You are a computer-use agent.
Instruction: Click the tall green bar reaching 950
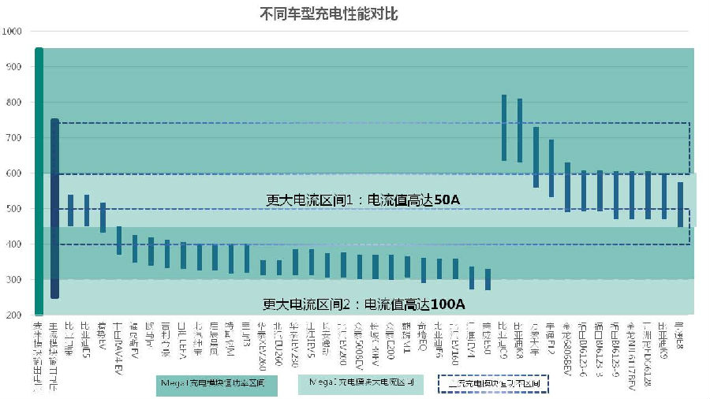coord(39,181)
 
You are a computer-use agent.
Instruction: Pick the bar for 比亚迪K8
coord(520,130)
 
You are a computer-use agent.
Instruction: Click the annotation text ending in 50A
coord(363,200)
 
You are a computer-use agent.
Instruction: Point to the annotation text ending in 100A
coord(364,304)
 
